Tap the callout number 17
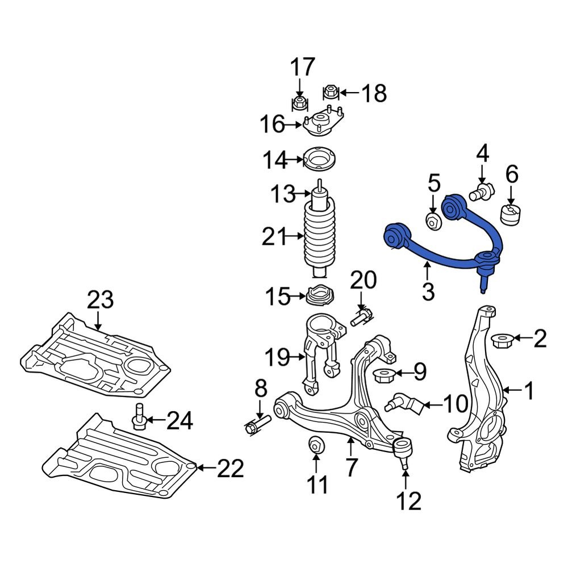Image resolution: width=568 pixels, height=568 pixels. tap(303, 68)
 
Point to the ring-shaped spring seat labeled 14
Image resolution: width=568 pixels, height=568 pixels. tap(320, 160)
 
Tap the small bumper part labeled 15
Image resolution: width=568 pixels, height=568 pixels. tap(320, 296)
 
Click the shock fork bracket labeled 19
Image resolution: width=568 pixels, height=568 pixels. tap(320, 352)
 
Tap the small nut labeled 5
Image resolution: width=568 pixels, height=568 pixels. tap(433, 220)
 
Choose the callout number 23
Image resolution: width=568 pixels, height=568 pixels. tap(100, 299)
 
